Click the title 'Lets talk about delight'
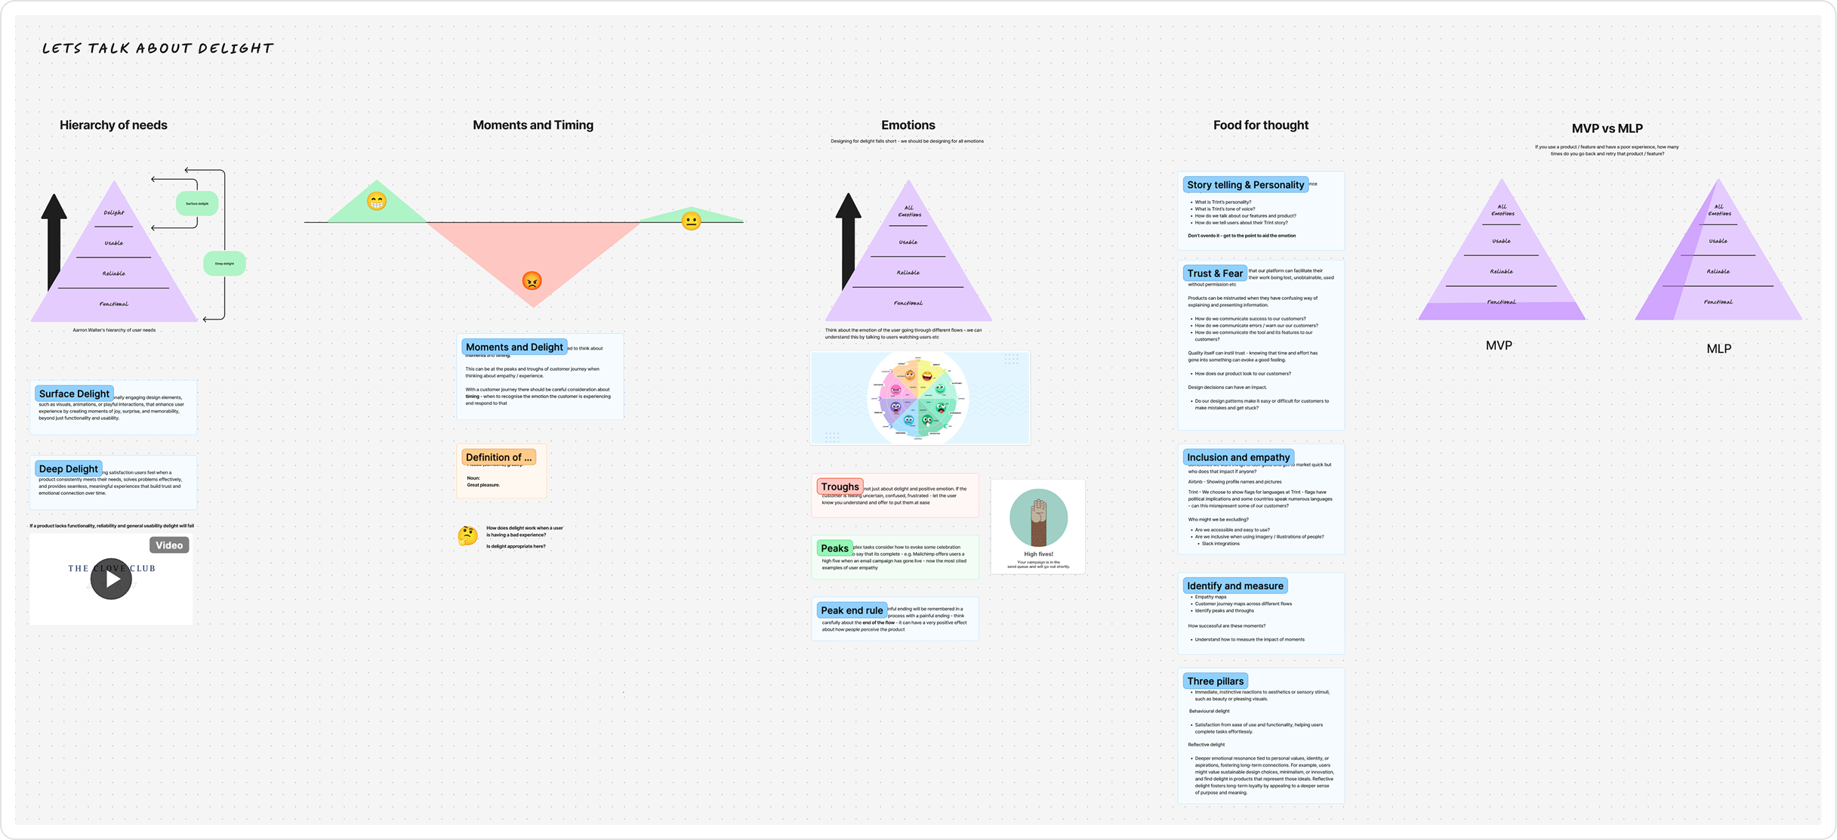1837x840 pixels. pos(157,48)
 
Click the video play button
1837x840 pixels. pos(111,579)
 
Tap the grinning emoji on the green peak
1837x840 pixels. pos(376,202)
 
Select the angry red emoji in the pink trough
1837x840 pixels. pos(532,281)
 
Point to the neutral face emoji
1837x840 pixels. pos(691,221)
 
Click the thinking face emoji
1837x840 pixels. pos(468,536)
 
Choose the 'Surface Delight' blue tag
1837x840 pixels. pos(74,394)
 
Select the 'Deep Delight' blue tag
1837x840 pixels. pos(69,469)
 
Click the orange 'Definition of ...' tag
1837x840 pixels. pos(499,457)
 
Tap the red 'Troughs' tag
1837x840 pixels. pos(840,486)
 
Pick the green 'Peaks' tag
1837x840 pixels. pos(834,548)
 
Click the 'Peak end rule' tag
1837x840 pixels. pos(852,610)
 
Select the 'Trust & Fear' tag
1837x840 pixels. pos(1214,273)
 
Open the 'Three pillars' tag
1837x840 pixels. pos(1215,681)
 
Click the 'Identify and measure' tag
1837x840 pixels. pos(1234,586)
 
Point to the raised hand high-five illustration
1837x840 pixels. pos(1039,518)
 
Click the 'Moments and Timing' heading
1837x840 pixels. pos(533,125)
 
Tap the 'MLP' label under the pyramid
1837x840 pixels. pos(1718,349)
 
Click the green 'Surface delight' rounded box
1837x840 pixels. pos(197,203)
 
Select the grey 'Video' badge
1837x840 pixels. pos(169,545)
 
